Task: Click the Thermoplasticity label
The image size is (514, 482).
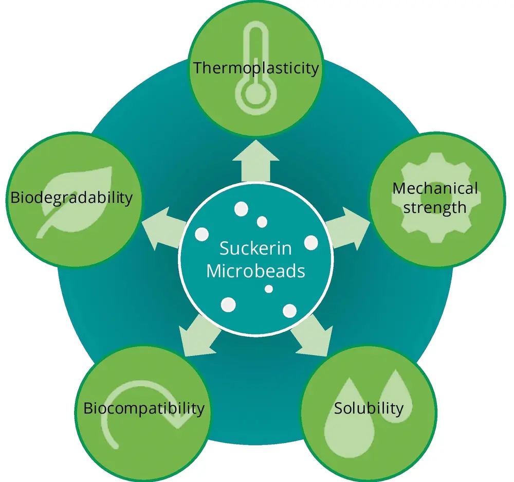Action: click(x=255, y=68)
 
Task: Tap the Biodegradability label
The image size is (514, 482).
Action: click(x=71, y=198)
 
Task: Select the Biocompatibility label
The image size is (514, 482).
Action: click(x=144, y=408)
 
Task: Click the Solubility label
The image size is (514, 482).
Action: click(x=369, y=408)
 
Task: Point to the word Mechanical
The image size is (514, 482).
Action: click(x=435, y=188)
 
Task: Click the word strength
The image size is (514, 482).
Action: click(x=435, y=208)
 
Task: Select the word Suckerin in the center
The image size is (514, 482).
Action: click(x=255, y=248)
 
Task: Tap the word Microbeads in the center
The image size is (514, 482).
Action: click(x=255, y=271)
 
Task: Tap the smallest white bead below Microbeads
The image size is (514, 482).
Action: click(x=268, y=289)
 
